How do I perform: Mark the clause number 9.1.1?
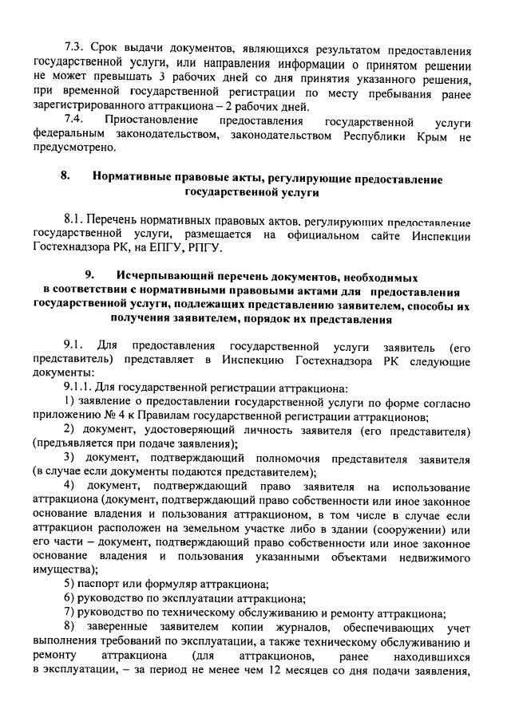coord(79,388)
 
